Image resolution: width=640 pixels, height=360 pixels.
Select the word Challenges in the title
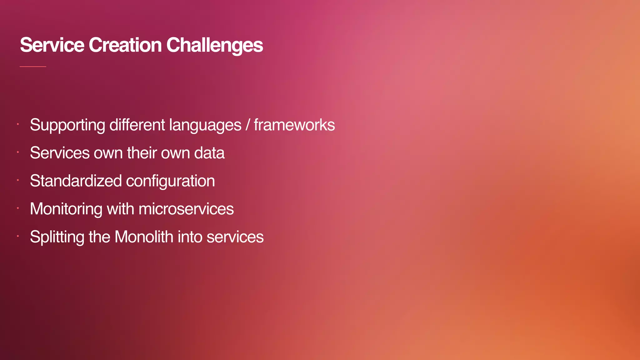[x=214, y=46]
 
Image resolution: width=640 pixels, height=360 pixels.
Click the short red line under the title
[x=33, y=67]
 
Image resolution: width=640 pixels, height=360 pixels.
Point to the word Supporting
[x=67, y=125]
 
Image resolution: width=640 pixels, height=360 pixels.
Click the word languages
[x=205, y=125]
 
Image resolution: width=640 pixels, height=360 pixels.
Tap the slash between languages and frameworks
[x=247, y=125]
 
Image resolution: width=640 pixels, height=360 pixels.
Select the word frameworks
[x=294, y=125]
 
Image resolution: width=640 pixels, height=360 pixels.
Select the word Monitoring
[x=66, y=209]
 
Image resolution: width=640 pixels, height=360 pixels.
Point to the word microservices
[x=186, y=209]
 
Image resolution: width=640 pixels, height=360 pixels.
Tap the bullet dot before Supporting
[x=18, y=124]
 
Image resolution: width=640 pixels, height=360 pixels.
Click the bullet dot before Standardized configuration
[x=18, y=180]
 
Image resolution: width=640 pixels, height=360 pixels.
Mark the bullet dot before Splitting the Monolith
[x=18, y=236]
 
